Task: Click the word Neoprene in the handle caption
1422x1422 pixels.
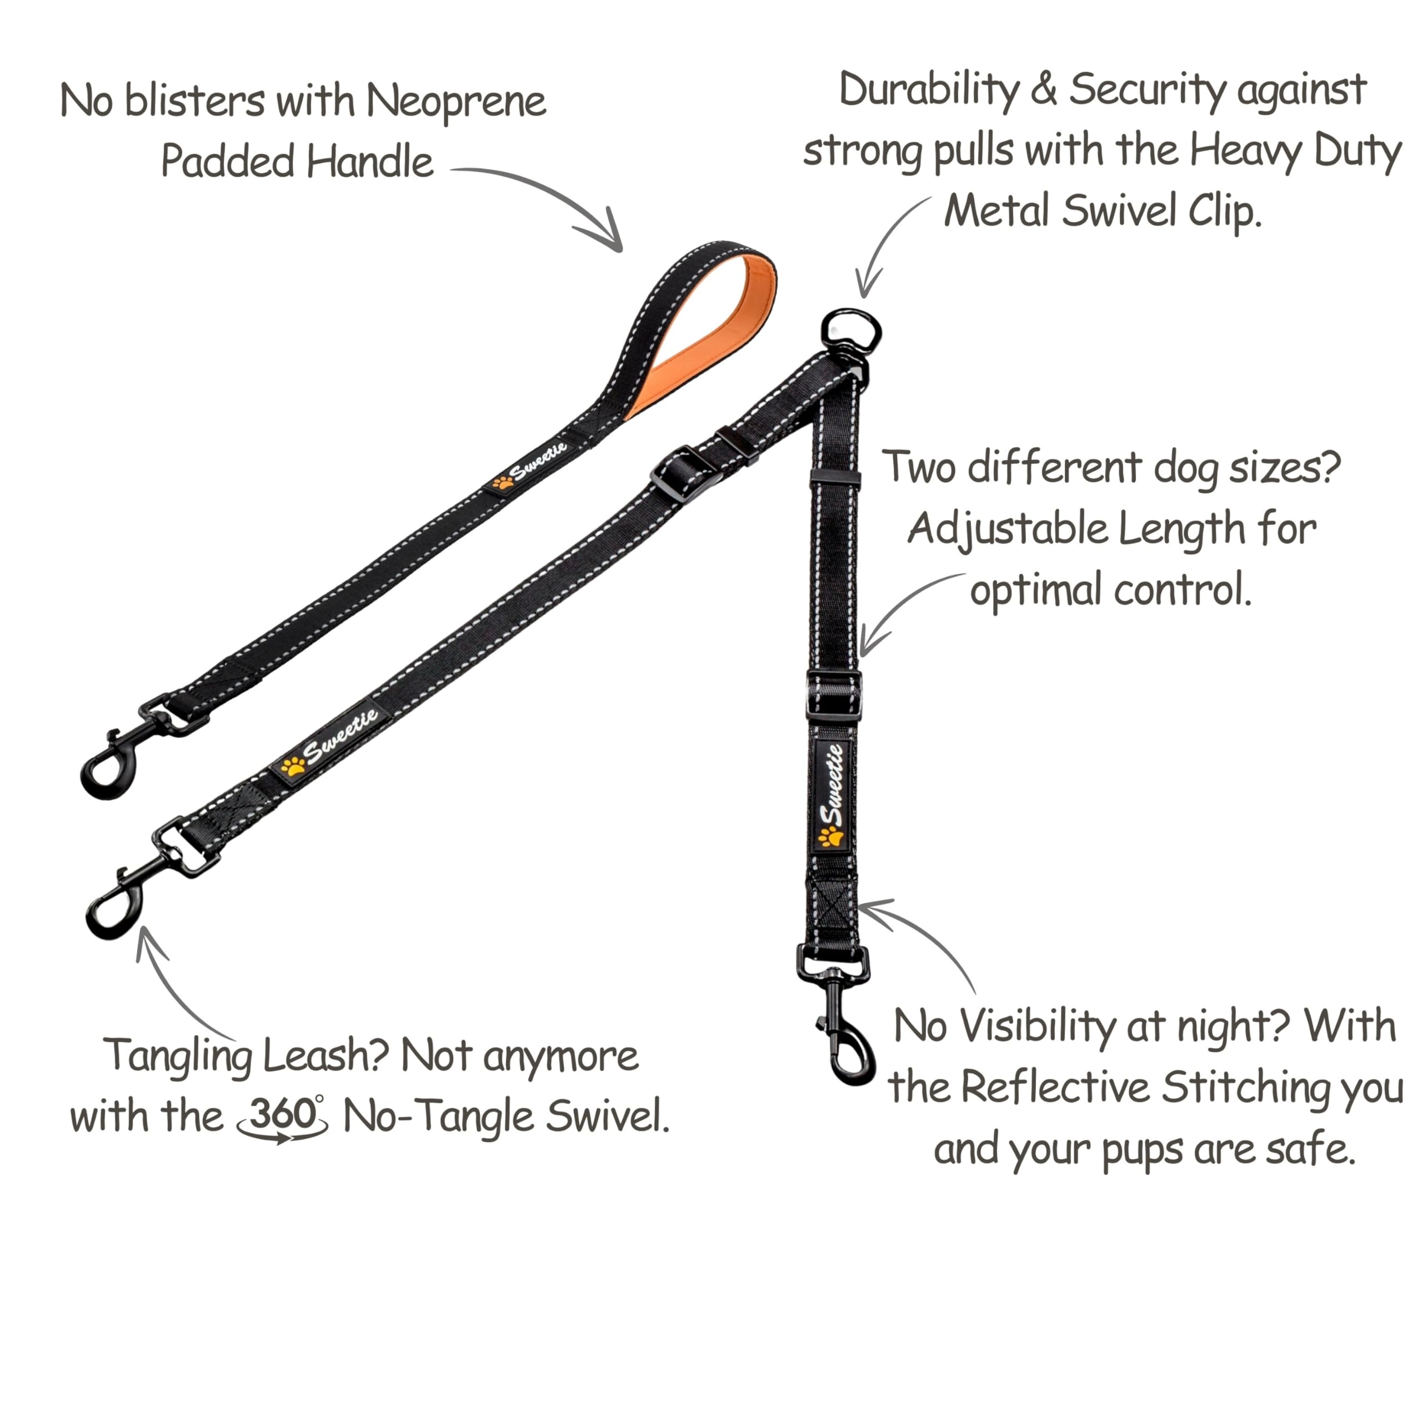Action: click(x=457, y=102)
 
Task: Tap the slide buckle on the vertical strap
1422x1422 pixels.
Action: click(x=834, y=694)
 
